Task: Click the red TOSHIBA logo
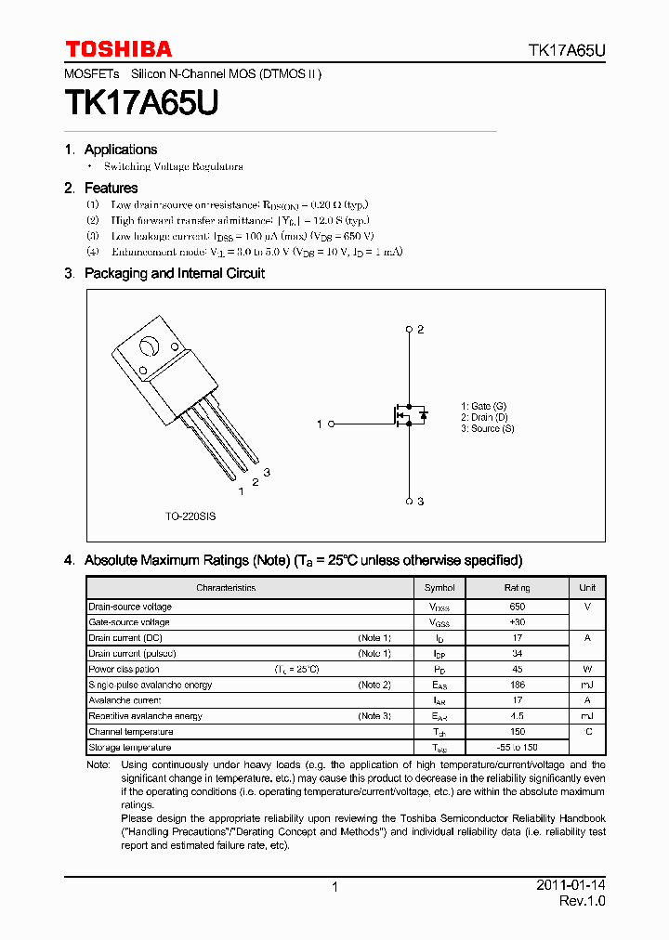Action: (x=118, y=49)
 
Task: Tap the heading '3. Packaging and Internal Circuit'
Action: (x=164, y=273)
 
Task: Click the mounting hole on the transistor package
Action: (x=148, y=349)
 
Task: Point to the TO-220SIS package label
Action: (x=190, y=516)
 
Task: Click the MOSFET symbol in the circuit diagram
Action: (x=410, y=415)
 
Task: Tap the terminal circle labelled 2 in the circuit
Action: (x=409, y=330)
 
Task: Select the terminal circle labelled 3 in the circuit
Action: (x=409, y=501)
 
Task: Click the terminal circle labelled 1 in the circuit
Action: (x=331, y=424)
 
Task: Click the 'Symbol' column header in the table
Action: (x=439, y=588)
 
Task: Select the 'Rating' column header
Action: (x=518, y=588)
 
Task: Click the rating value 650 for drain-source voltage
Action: (x=518, y=607)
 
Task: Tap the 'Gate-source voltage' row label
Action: (x=129, y=622)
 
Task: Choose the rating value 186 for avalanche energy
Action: (x=518, y=685)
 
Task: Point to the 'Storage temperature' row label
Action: (x=130, y=748)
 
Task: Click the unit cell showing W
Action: (x=587, y=669)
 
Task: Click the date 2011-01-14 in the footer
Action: (x=571, y=885)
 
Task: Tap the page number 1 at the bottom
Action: (x=334, y=887)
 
